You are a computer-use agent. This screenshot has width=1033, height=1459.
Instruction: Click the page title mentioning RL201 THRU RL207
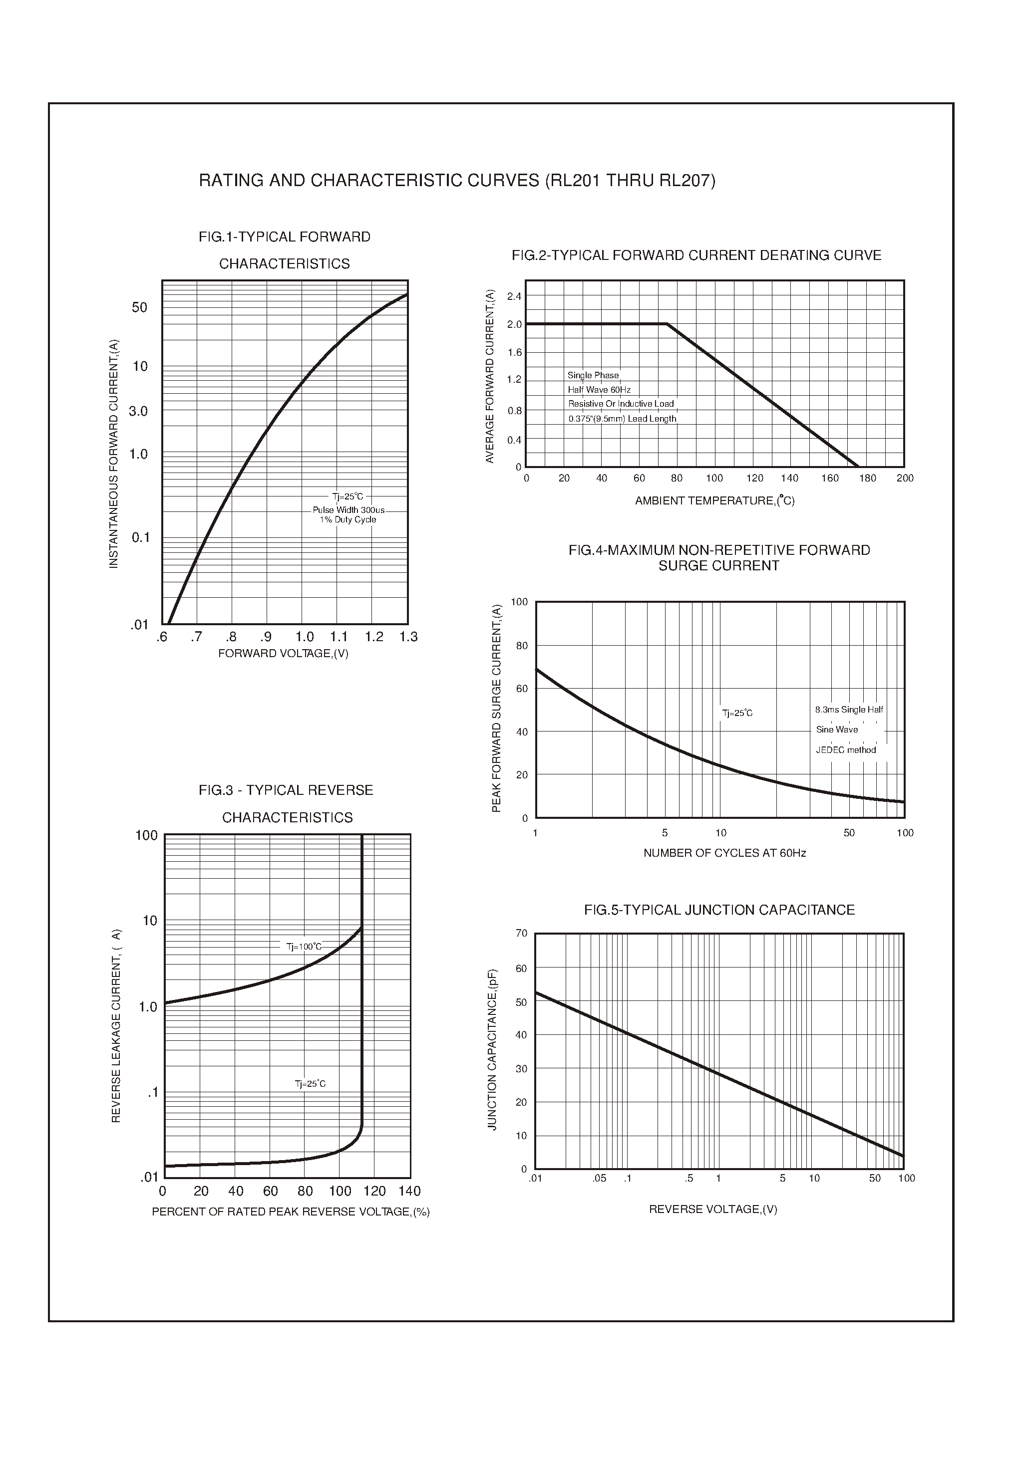pyautogui.click(x=457, y=181)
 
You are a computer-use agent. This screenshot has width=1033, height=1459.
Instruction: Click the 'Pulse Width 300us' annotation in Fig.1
pyautogui.click(x=348, y=510)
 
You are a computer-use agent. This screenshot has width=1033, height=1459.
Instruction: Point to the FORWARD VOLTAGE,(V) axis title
pyautogui.click(x=283, y=654)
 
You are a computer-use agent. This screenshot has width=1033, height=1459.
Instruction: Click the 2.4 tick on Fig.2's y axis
pyautogui.click(x=514, y=296)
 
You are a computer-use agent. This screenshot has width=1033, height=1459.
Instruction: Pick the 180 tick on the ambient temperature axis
pyautogui.click(x=868, y=478)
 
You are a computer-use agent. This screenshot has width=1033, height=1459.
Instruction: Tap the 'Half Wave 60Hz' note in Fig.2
pyautogui.click(x=599, y=390)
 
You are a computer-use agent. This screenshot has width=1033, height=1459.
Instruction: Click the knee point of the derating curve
pyautogui.click(x=667, y=324)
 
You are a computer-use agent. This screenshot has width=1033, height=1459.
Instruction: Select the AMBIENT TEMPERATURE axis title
pyautogui.click(x=714, y=501)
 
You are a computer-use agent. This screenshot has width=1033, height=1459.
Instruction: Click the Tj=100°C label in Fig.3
pyautogui.click(x=304, y=947)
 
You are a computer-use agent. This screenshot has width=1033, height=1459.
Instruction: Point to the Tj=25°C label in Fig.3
pyautogui.click(x=310, y=1084)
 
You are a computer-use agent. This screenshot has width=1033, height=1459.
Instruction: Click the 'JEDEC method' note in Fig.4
pyautogui.click(x=846, y=750)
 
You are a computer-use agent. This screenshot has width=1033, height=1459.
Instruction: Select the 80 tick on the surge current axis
pyautogui.click(x=522, y=646)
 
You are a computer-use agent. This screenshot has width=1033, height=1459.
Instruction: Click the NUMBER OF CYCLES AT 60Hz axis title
pyautogui.click(x=724, y=853)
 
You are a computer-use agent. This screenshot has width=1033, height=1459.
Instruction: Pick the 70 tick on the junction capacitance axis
pyautogui.click(x=521, y=933)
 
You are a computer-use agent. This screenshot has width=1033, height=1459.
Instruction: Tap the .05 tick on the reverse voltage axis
pyautogui.click(x=599, y=1179)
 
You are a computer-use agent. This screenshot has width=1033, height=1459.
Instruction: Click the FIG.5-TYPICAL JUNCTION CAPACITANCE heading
pyautogui.click(x=719, y=910)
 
